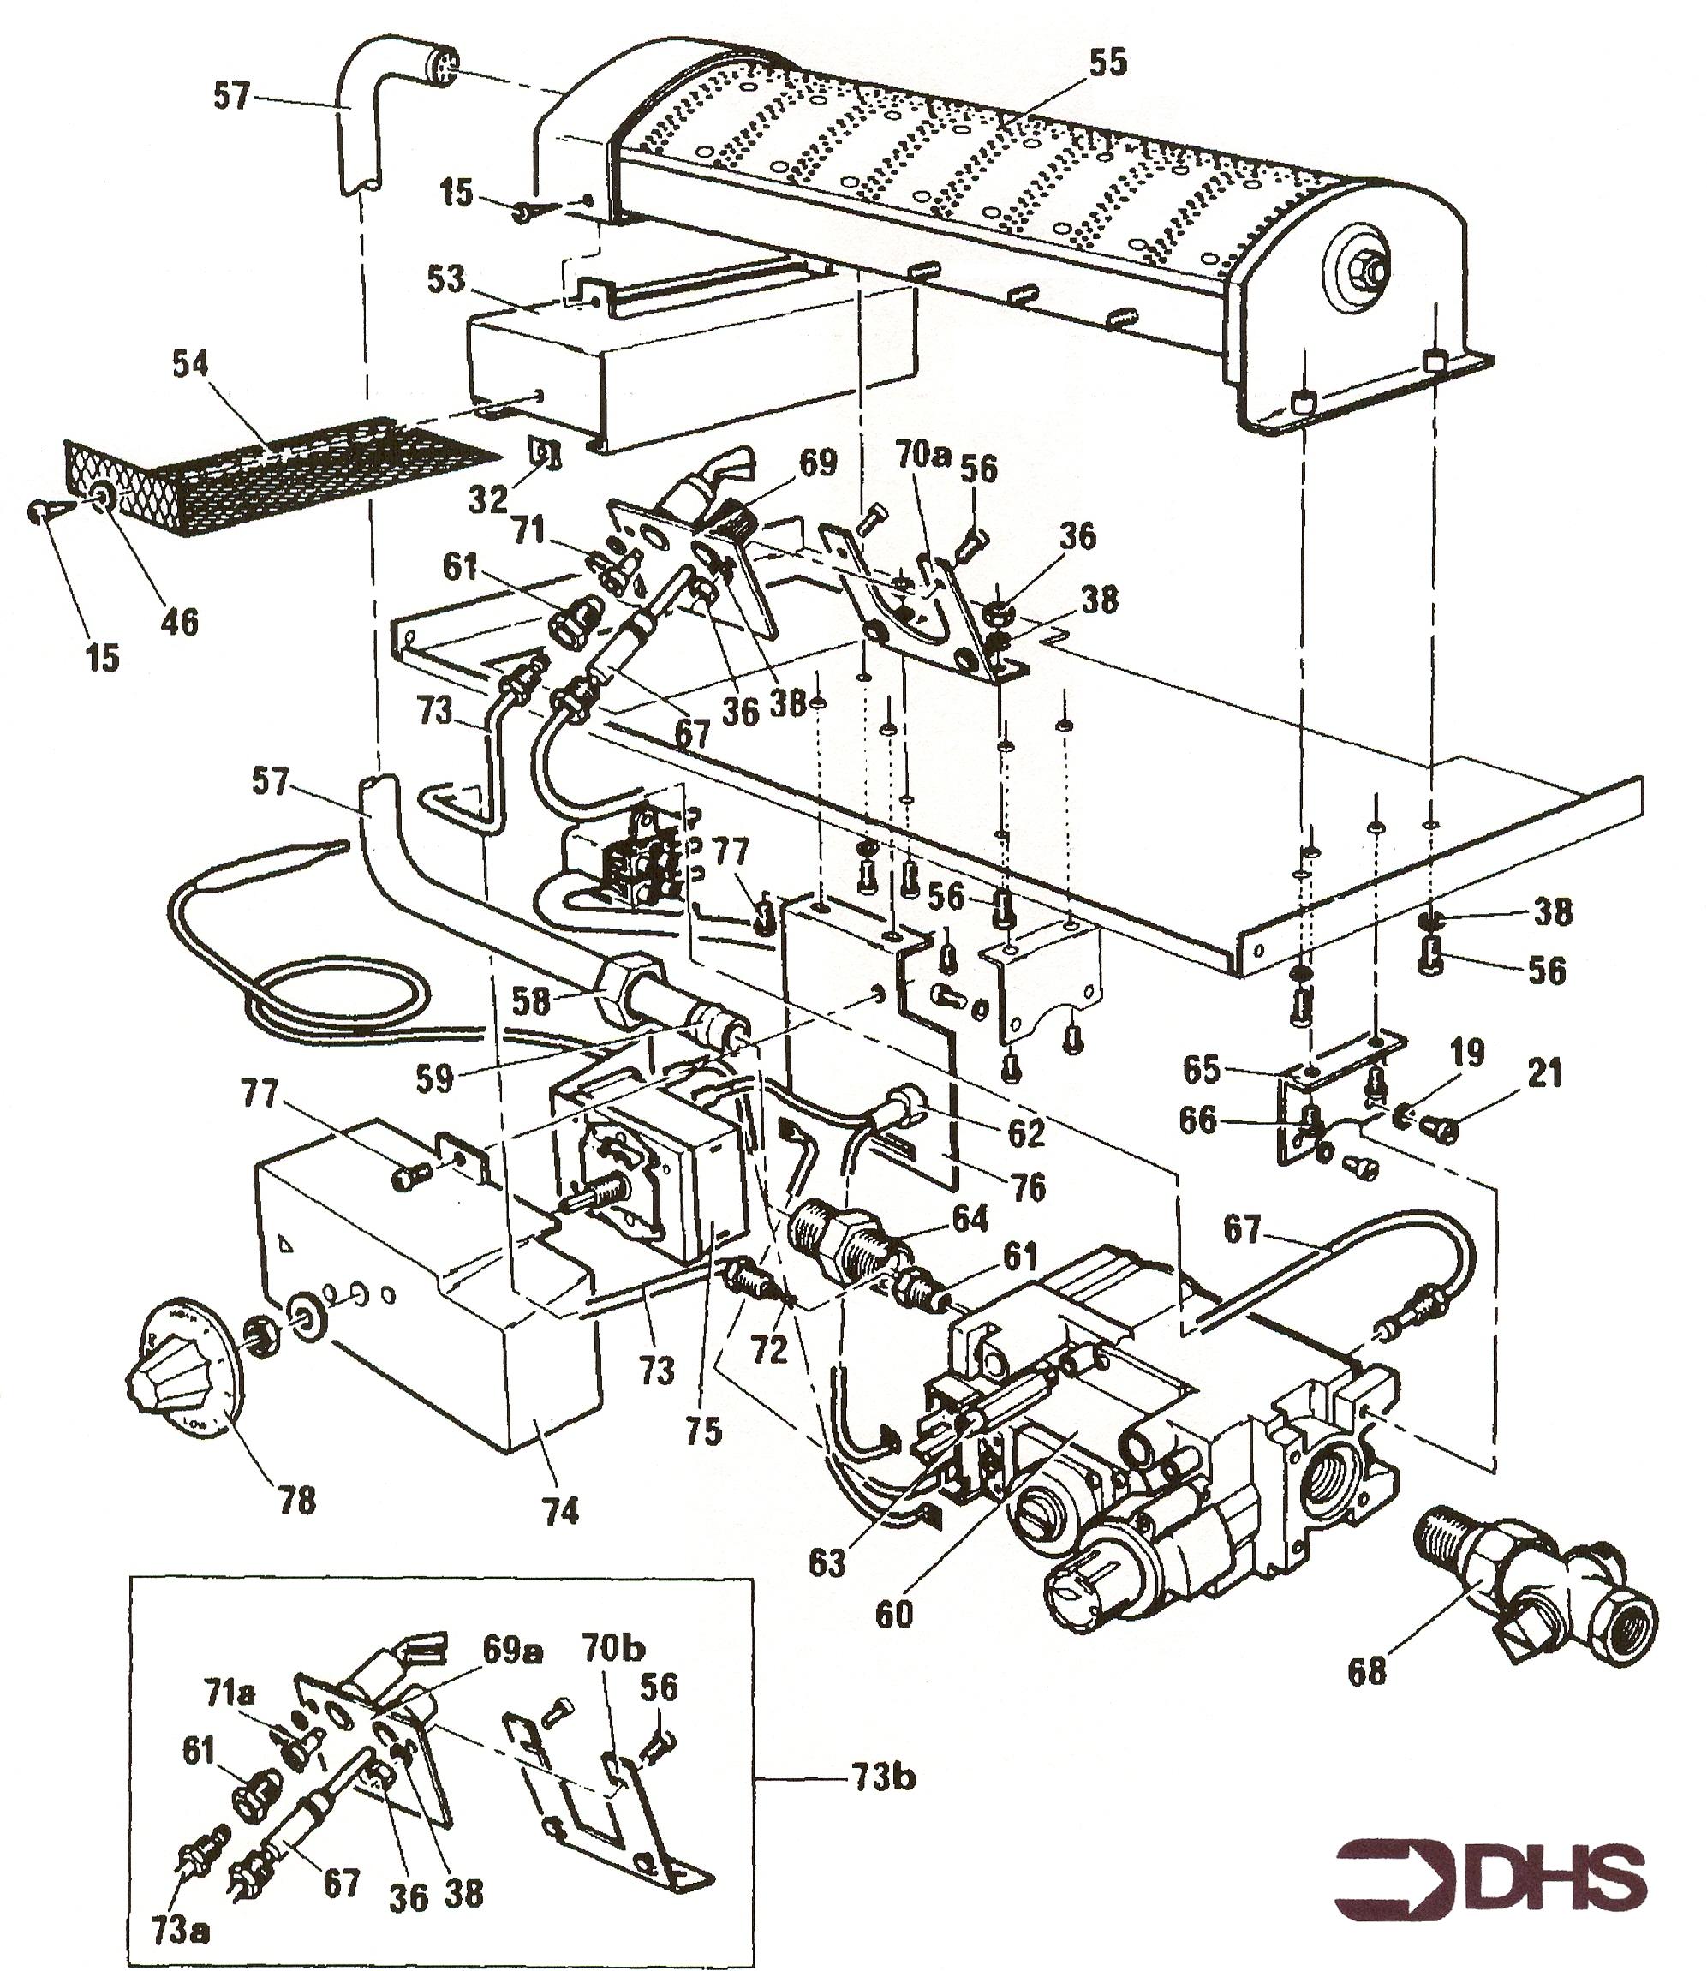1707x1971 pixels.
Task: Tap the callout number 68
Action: click(x=1367, y=1671)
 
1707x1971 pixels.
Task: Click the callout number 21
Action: click(x=1544, y=1073)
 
